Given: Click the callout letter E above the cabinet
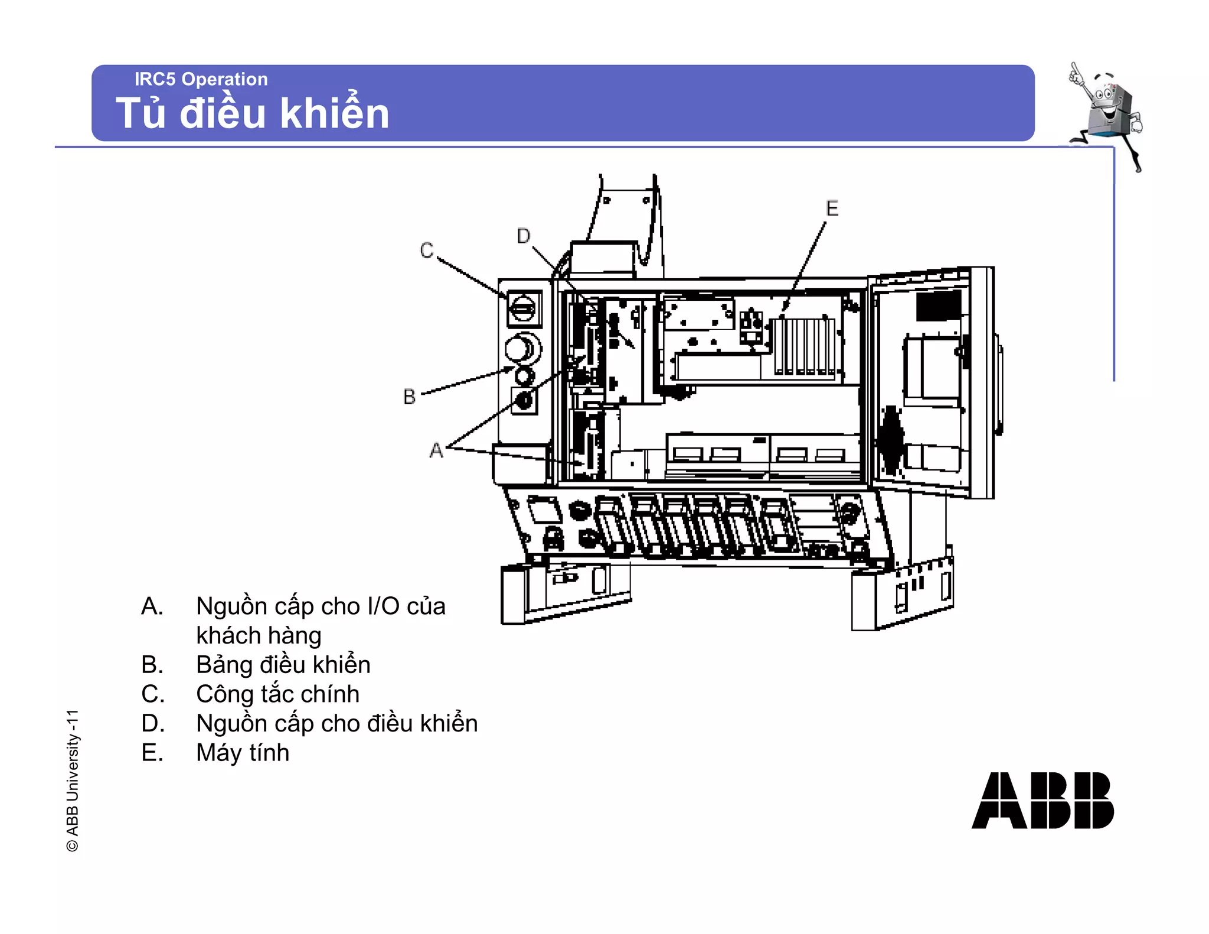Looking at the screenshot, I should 832,208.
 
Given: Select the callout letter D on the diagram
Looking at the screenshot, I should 523,236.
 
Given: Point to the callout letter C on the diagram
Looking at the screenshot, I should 426,250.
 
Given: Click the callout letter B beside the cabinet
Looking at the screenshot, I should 409,396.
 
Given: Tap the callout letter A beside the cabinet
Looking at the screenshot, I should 436,450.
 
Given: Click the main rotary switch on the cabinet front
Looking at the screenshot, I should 523,308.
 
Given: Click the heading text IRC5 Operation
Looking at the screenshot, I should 201,79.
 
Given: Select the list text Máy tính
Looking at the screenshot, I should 243,753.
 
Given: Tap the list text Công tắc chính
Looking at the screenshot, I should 277,694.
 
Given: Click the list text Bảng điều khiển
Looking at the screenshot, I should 283,665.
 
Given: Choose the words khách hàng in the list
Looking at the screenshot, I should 259,636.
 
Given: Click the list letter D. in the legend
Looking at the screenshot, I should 152,723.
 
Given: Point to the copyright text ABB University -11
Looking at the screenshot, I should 72,780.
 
